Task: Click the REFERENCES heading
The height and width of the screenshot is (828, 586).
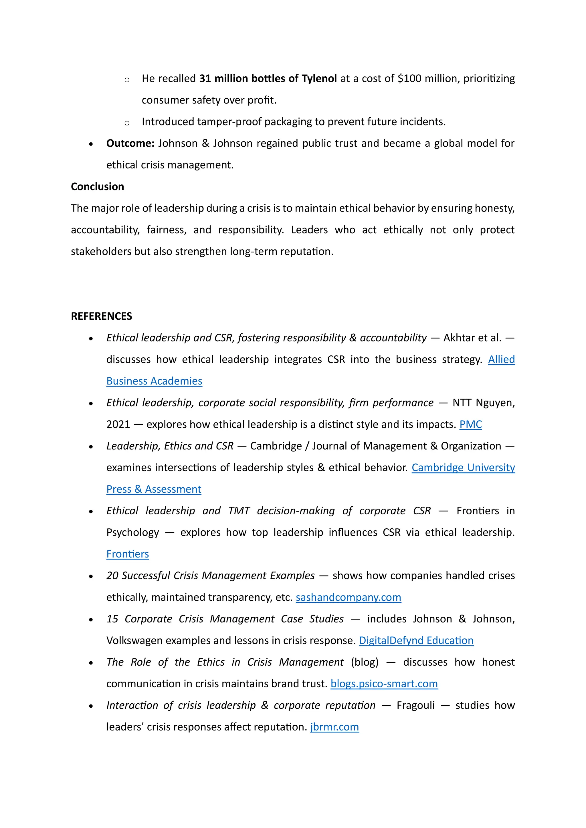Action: [101, 316]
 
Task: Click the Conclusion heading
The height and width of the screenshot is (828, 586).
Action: [97, 186]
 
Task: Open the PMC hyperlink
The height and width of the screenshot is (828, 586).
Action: [470, 425]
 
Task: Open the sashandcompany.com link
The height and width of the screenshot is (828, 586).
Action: [348, 597]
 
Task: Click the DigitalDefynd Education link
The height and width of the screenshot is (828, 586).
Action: [416, 640]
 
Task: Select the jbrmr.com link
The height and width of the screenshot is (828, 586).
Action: [334, 727]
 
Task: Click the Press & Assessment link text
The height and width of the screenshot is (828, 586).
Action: [154, 489]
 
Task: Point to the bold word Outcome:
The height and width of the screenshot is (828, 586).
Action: [130, 144]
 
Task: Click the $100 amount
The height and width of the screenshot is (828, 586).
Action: [409, 79]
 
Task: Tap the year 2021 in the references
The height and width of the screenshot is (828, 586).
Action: [118, 425]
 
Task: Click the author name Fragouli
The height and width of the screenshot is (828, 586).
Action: [416, 705]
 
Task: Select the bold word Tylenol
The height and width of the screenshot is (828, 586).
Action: [319, 79]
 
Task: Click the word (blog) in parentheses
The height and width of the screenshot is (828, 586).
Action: [365, 662]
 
